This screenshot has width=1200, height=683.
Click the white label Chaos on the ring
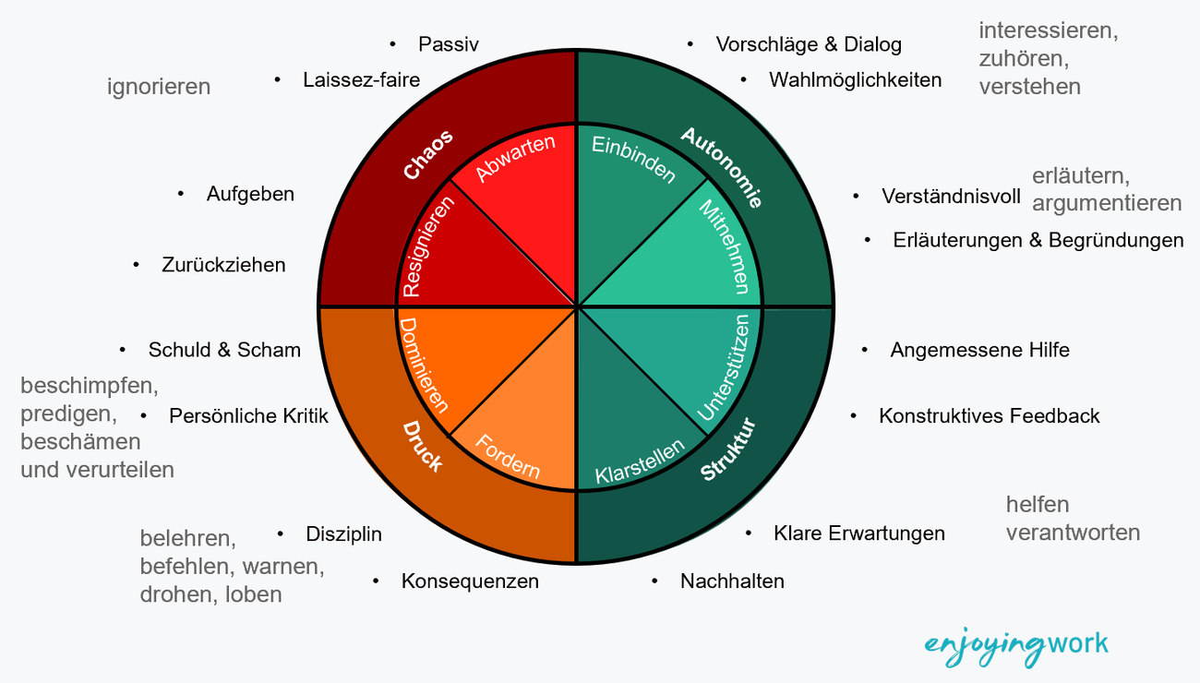(x=428, y=154)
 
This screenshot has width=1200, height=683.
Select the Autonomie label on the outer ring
(x=722, y=167)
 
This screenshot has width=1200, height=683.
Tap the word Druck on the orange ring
(x=423, y=447)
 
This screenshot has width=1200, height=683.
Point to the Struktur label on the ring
(x=728, y=449)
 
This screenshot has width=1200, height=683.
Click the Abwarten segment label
(x=515, y=158)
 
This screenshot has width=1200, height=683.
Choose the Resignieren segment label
(x=427, y=246)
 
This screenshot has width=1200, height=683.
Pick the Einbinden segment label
(x=634, y=160)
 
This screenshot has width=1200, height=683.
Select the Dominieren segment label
(x=423, y=365)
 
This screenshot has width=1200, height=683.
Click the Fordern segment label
(x=508, y=456)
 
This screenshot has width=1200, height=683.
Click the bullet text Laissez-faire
(x=361, y=79)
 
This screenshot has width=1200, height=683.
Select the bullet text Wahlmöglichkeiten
(x=855, y=79)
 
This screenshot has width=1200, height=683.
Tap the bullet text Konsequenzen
(x=470, y=581)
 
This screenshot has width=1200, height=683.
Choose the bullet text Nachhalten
(x=732, y=581)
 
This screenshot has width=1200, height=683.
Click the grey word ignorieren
(x=159, y=87)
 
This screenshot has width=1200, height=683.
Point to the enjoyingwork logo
(x=1016, y=647)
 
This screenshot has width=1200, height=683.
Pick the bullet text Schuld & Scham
(x=224, y=350)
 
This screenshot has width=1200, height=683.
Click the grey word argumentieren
(x=1107, y=204)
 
